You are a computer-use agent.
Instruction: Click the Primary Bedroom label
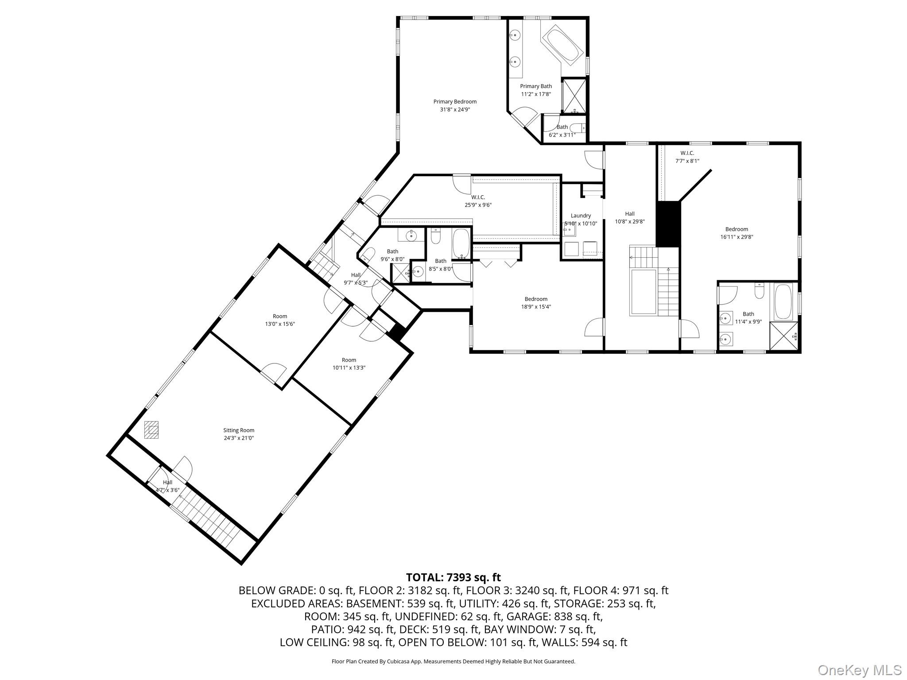455,102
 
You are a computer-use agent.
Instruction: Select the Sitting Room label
239,430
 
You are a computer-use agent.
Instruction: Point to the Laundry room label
581,216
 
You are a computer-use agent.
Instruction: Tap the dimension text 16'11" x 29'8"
736,237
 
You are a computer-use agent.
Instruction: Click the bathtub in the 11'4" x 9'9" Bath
783,301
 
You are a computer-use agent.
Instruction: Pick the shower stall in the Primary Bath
574,96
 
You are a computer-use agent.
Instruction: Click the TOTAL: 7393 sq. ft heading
453,577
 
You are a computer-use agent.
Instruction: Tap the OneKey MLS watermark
860,670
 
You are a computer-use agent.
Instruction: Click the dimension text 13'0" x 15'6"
280,324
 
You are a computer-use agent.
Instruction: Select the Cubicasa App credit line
453,661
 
